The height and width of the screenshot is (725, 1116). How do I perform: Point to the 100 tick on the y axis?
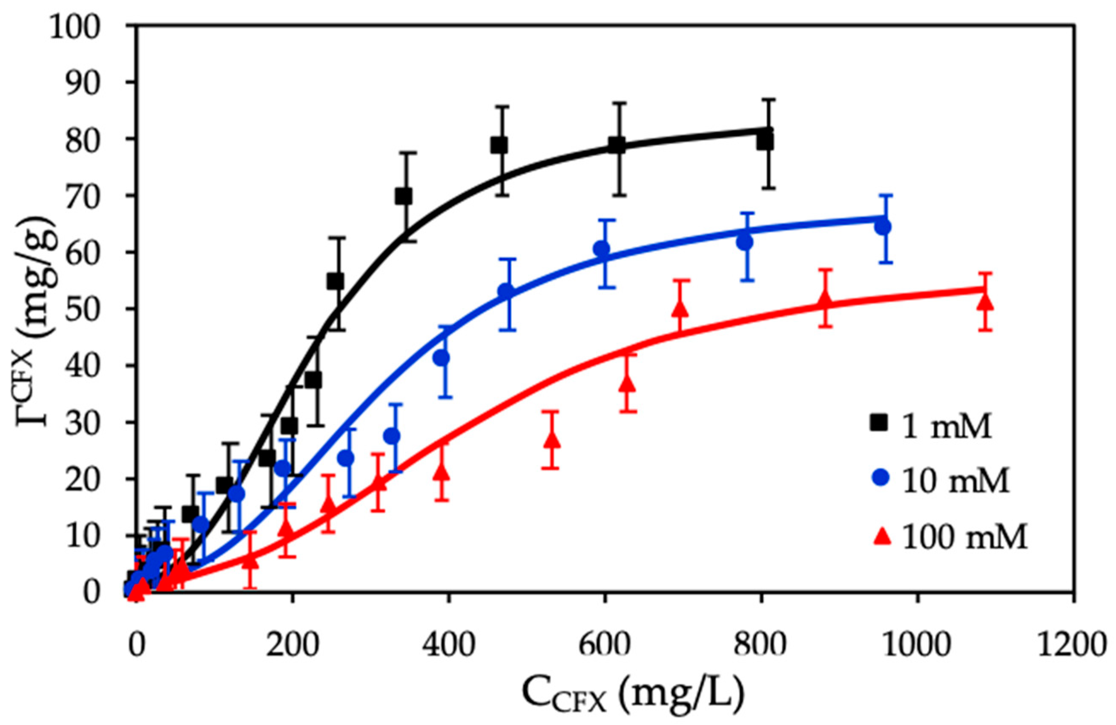pos(87,25)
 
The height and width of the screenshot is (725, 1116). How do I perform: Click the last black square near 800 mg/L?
pos(765,141)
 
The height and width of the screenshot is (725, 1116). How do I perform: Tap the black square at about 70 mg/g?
pos(403,197)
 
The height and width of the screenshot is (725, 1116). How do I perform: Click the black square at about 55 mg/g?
pos(335,282)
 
